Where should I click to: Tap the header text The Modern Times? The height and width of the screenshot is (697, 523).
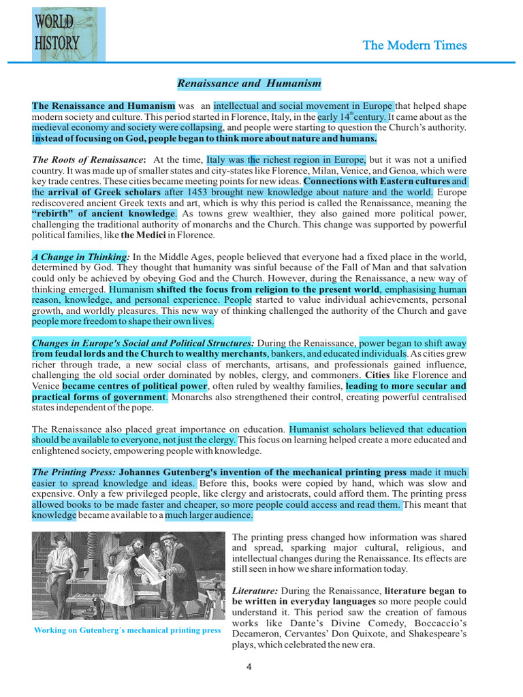(x=415, y=46)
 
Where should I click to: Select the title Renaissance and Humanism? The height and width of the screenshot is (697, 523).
(x=249, y=84)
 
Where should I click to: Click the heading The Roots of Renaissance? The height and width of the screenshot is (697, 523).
(x=88, y=160)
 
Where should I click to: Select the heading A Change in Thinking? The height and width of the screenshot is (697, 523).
(x=80, y=257)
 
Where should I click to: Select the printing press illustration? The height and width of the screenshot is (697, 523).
(x=128, y=576)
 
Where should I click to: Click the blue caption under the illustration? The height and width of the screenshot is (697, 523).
(x=127, y=630)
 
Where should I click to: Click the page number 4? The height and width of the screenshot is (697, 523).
(x=249, y=666)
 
